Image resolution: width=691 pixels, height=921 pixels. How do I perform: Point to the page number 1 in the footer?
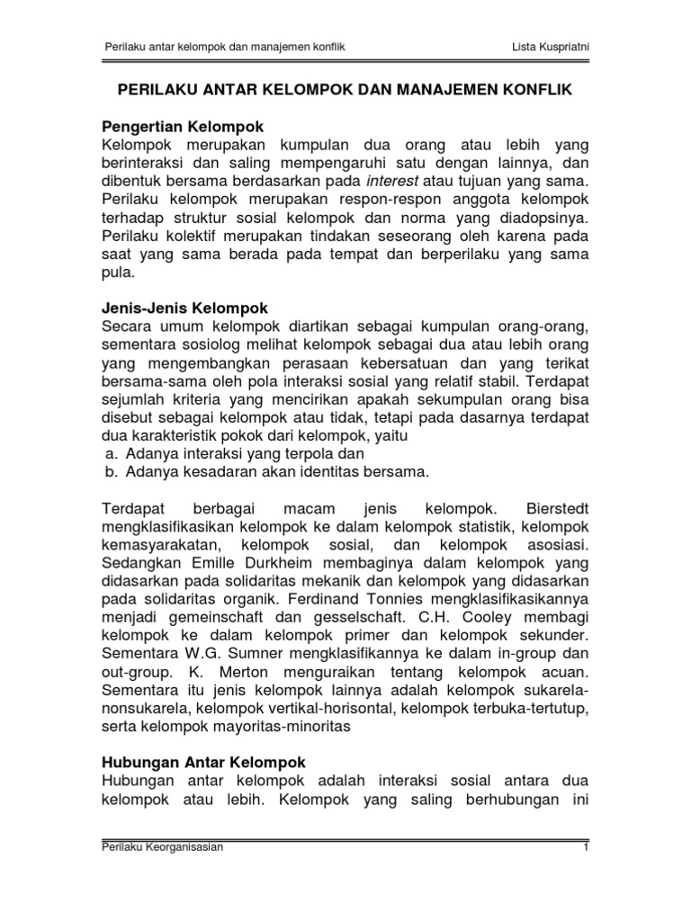pyautogui.click(x=586, y=872)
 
